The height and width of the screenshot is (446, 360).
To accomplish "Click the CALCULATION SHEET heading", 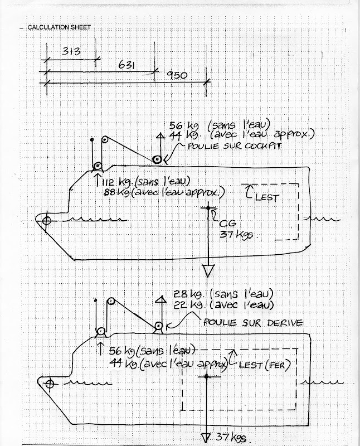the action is [59, 27].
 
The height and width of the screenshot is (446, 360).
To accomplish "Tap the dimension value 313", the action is [71, 51].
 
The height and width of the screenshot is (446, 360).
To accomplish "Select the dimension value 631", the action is [127, 65].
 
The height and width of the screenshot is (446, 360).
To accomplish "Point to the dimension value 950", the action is [177, 75].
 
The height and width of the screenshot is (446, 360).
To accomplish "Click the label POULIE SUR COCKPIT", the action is [235, 146].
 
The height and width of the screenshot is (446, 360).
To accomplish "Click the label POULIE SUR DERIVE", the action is [253, 323].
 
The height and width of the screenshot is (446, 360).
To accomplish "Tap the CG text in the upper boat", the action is [227, 224].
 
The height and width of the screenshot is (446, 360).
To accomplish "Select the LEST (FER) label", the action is [265, 365].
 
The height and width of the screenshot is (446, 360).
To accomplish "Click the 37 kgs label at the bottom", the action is [231, 437].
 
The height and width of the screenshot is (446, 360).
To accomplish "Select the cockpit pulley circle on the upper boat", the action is [156, 159].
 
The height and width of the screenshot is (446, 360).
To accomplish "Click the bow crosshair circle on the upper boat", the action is [47, 220].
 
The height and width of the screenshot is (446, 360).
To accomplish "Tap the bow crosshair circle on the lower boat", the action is [50, 384].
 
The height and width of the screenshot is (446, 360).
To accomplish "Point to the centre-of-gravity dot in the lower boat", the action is [207, 377].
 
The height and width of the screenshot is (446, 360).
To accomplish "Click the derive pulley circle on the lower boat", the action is [158, 326].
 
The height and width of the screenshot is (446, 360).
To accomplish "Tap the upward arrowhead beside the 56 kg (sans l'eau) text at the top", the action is [160, 135].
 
